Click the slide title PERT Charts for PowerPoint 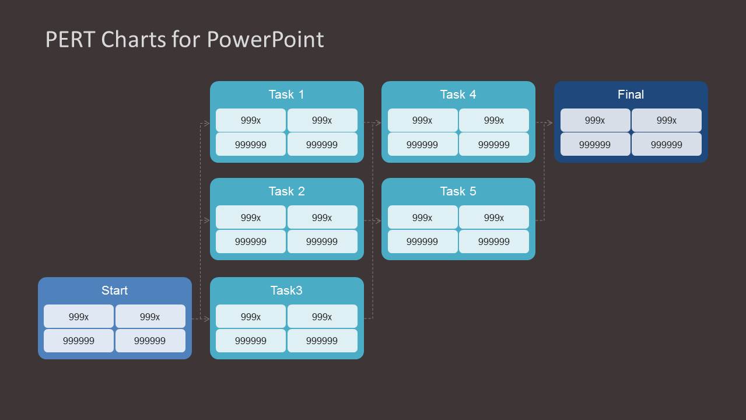184,40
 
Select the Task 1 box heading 286,94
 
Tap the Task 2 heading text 286,191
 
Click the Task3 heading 286,290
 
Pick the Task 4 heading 458,94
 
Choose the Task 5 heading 458,191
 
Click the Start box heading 114,290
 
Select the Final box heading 631,94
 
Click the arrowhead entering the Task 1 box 206,123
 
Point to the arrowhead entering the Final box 549,123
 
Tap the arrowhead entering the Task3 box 206,318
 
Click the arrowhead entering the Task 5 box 378,221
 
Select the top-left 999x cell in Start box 79,317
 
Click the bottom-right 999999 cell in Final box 666,145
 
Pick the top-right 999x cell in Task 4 493,121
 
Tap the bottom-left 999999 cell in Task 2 251,242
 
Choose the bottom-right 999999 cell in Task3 322,341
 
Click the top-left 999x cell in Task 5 422,218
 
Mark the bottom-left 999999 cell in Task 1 251,145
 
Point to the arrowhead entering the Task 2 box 206,220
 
